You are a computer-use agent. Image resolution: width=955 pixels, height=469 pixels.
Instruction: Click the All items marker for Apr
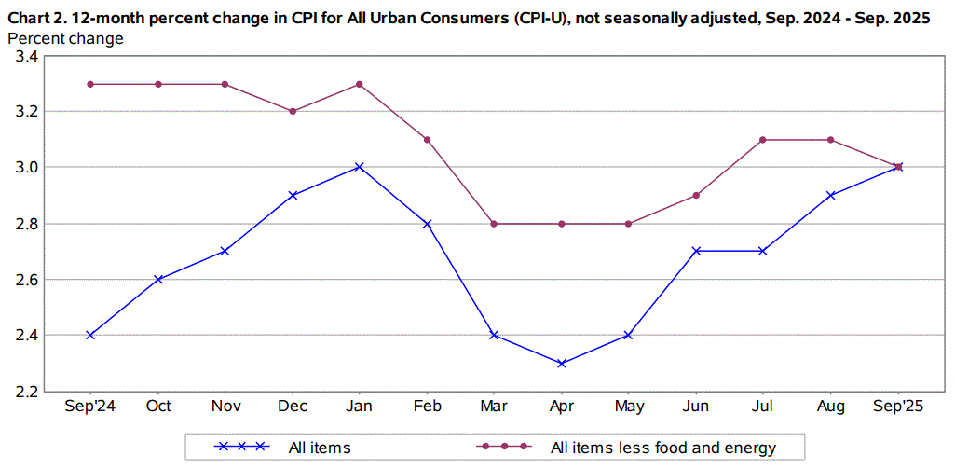561,363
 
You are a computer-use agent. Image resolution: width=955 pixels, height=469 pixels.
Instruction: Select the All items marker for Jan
360,167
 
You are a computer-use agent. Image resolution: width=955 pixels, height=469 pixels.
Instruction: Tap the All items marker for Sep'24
90,335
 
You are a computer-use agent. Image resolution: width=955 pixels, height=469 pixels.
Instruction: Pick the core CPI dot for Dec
293,111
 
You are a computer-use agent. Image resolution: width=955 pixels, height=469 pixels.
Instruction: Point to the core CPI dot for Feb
427,140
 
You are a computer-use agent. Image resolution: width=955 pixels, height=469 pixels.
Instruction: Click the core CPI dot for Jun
696,195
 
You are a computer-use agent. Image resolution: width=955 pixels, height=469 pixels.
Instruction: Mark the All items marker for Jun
696,251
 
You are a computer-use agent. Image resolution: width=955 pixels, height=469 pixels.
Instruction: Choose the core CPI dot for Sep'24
90,84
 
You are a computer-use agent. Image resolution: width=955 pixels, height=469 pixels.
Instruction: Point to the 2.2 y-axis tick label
26,392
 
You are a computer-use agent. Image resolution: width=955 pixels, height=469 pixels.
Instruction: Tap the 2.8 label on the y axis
26,224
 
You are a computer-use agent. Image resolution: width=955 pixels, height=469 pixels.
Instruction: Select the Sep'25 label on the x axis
897,407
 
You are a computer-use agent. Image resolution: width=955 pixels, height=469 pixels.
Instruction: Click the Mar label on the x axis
494,407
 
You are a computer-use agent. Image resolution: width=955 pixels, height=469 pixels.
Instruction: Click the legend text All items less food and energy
662,448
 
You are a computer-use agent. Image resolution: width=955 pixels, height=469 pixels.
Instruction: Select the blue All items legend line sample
241,447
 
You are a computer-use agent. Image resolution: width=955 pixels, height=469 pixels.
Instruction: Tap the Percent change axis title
64,38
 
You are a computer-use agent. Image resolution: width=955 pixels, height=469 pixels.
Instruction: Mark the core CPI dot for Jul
763,140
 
